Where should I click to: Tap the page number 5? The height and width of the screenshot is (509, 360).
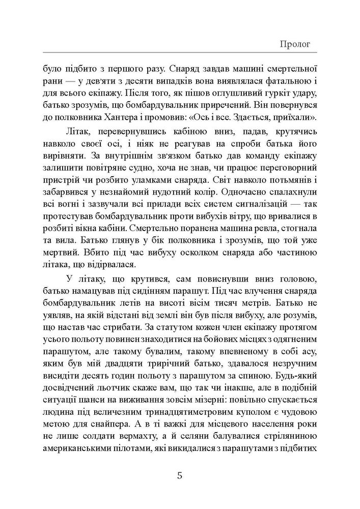tap(179, 476)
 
